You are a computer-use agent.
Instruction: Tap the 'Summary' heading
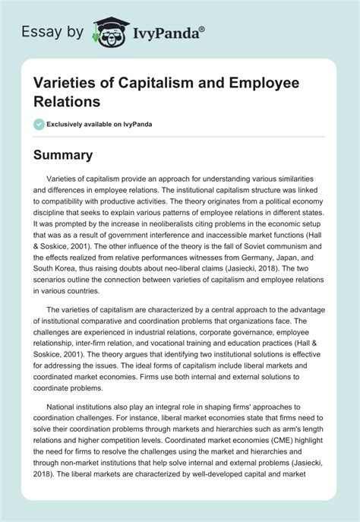(63, 155)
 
